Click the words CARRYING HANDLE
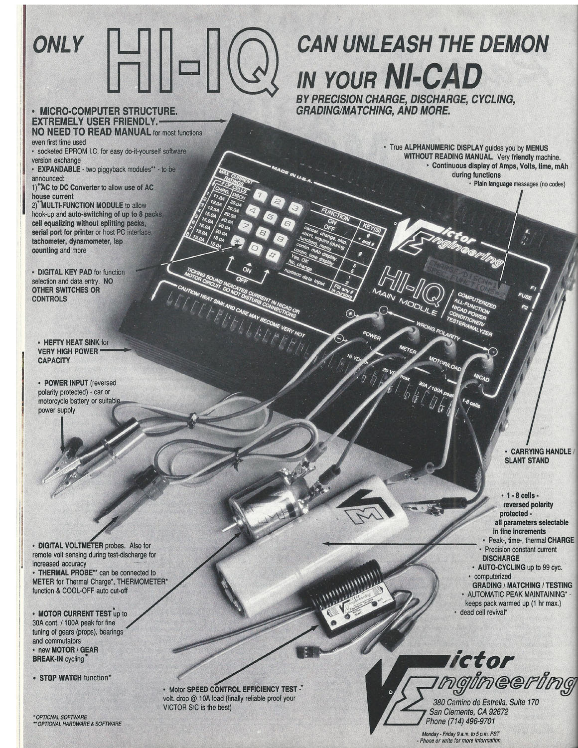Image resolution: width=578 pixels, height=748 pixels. click(x=540, y=451)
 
